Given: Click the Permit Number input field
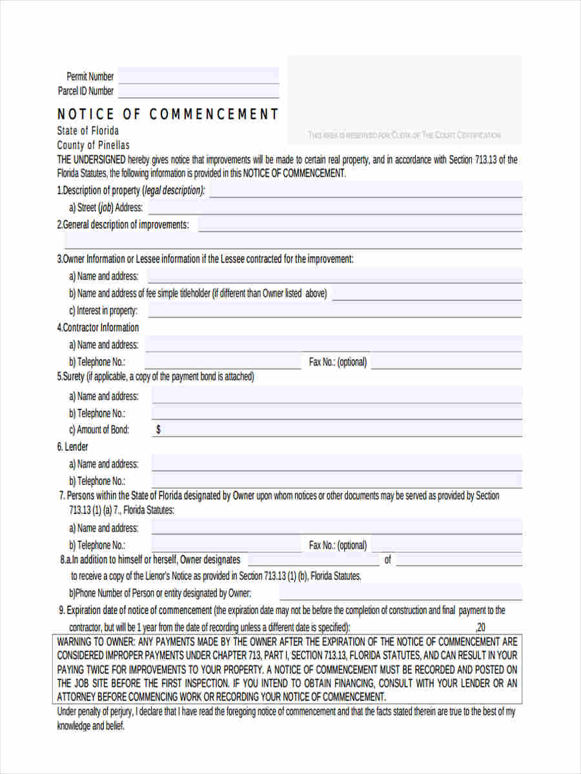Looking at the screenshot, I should point(198,75).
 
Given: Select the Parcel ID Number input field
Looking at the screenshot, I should point(198,91).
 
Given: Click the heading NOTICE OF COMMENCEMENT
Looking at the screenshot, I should point(168,114).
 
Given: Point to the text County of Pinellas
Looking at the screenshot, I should point(93,145).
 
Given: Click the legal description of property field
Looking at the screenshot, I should point(365,190).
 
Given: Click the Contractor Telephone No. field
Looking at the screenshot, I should point(223,362).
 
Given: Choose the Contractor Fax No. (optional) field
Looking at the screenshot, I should point(446,362).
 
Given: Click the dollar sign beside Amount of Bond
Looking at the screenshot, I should point(159,430).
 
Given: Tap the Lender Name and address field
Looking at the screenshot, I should point(336,463).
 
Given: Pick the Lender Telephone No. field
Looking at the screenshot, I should point(336,481).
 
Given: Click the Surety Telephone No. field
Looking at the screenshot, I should point(336,413).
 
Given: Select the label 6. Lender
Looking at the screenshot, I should point(73,446).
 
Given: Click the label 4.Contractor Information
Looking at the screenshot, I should point(97,327).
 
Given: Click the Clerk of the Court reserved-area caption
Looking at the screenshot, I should point(404,135).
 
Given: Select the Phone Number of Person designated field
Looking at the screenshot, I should point(400,593).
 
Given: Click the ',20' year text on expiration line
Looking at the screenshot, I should point(480,627).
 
